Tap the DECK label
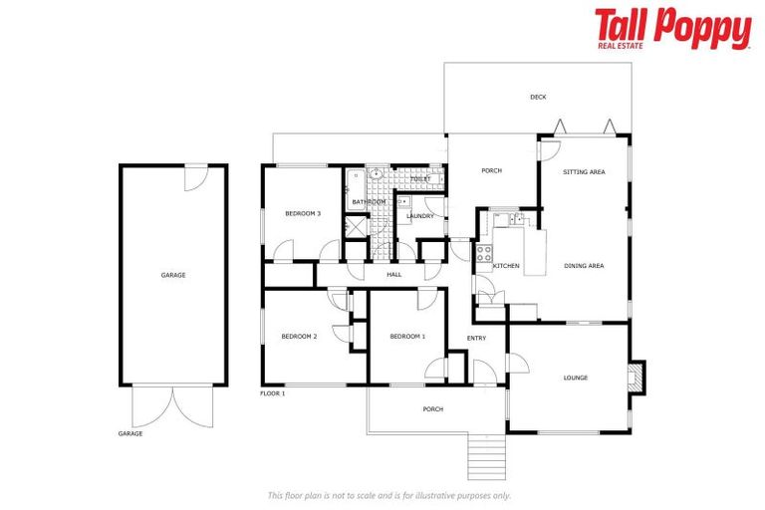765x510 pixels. [x=538, y=97]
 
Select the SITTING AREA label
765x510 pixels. [x=584, y=172]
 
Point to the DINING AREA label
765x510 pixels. [x=584, y=266]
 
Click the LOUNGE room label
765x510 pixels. [x=575, y=378]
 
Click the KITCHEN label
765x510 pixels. [x=506, y=266]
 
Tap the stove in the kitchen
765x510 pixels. [x=484, y=253]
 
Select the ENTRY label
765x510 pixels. [x=476, y=339]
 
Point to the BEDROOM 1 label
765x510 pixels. [x=407, y=337]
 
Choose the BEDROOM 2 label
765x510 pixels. [x=299, y=337]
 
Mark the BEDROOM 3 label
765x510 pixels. [x=303, y=213]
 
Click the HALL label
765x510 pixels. [x=393, y=274]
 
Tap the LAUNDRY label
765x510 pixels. [x=419, y=216]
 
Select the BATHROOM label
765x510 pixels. [x=368, y=202]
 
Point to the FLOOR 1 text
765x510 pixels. [x=273, y=393]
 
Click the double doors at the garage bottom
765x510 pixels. [x=172, y=406]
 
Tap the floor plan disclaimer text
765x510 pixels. [x=388, y=495]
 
